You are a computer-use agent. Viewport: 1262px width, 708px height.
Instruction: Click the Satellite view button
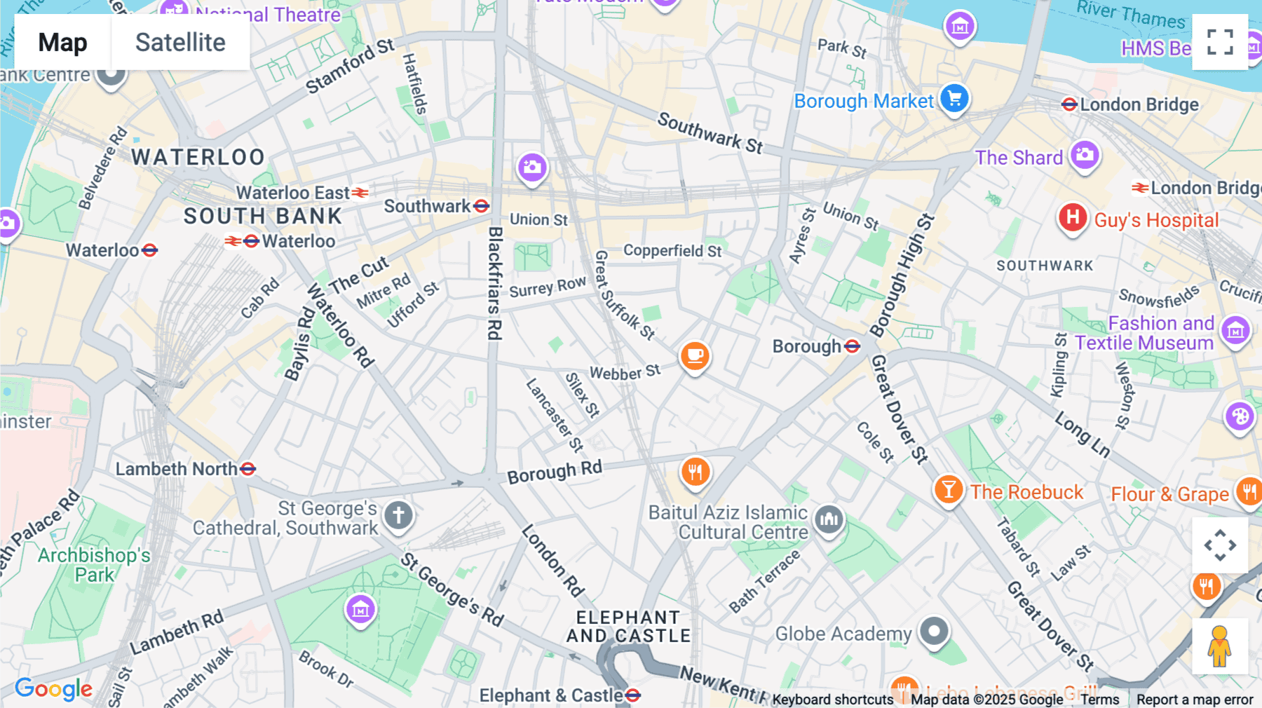(x=180, y=43)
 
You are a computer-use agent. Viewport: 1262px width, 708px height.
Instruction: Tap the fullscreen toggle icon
(x=1220, y=42)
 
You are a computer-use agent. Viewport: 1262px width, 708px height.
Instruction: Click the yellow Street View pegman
(x=1220, y=646)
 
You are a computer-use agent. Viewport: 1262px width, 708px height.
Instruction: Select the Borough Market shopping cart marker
(x=954, y=98)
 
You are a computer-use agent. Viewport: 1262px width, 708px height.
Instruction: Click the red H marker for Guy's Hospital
(x=1073, y=217)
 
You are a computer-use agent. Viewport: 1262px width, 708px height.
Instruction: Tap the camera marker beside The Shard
(x=1085, y=155)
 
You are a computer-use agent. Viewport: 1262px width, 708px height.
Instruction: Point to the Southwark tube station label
(x=427, y=206)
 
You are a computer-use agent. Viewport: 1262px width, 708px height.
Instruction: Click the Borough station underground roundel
(x=853, y=346)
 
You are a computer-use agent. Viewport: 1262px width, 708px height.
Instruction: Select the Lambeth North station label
(x=177, y=469)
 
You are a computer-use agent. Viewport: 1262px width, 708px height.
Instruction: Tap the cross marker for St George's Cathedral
(x=398, y=515)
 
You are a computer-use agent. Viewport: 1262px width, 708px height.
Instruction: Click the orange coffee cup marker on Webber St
(x=695, y=356)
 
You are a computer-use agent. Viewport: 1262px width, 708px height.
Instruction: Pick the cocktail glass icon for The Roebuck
(x=949, y=489)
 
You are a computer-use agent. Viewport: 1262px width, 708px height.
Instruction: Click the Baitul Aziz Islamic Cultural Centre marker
(x=829, y=519)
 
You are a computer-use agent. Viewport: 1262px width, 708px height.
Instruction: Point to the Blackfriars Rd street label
(x=495, y=283)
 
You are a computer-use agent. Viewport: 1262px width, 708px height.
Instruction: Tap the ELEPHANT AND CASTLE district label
(x=628, y=627)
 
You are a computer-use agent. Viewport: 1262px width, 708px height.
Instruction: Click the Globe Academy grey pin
(x=934, y=632)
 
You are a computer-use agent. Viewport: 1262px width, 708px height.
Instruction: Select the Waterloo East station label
(x=292, y=193)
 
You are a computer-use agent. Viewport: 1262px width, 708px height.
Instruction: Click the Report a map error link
(x=1195, y=700)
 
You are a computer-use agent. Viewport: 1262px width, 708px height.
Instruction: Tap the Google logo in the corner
(x=53, y=689)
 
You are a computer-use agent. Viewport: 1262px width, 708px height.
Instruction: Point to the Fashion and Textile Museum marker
(x=1235, y=330)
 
